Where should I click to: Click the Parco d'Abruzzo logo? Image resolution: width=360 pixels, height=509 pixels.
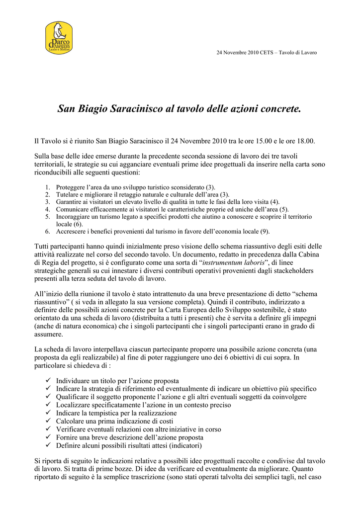point(59,38)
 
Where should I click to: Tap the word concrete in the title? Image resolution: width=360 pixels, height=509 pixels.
point(279,108)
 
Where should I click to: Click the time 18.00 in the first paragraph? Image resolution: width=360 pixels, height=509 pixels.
point(304,141)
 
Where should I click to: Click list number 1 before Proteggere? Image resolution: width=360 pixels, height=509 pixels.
point(48,187)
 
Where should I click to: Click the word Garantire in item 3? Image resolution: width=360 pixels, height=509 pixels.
point(69,202)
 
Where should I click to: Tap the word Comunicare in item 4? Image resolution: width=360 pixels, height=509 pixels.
point(71,209)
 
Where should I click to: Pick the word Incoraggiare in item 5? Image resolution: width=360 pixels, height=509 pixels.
point(72,217)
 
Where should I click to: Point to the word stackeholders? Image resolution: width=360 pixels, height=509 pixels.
point(290,270)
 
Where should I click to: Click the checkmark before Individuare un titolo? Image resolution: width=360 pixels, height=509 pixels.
point(48,381)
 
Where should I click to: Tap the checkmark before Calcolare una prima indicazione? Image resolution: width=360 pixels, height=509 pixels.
point(48,421)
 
